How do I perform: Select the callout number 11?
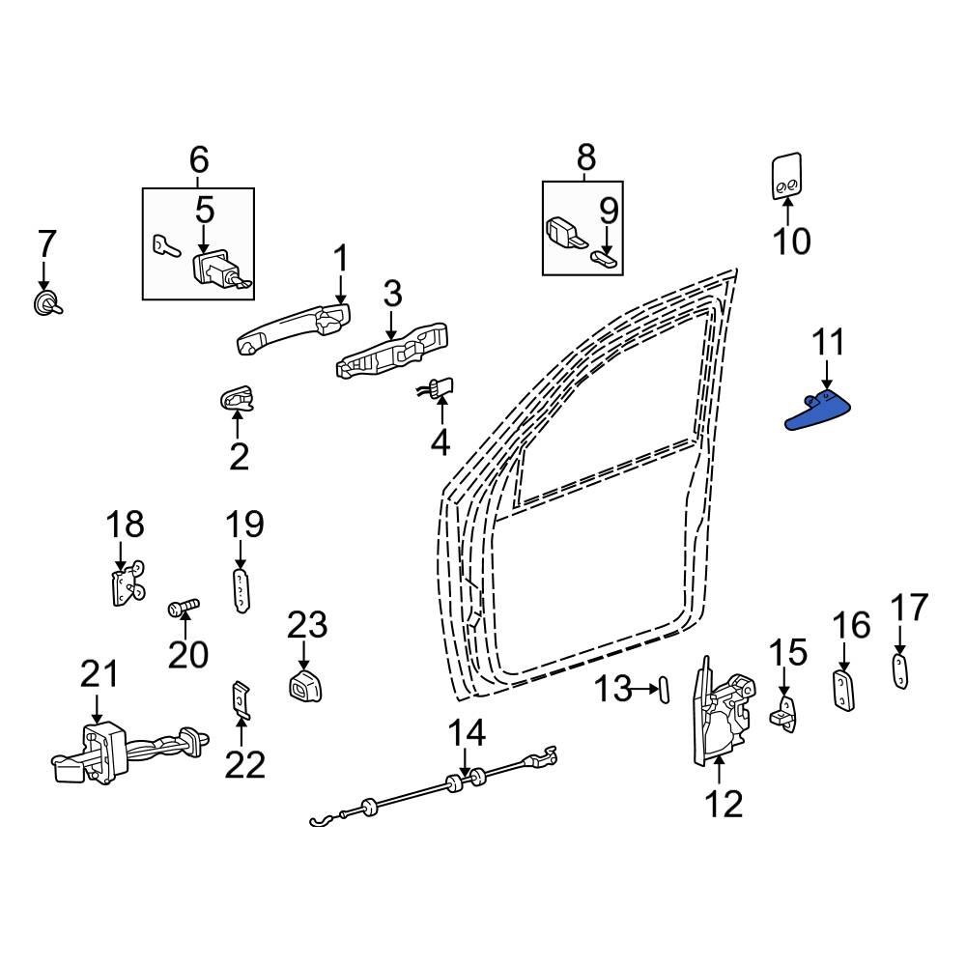828,343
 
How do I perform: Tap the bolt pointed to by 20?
182,608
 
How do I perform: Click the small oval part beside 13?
664,690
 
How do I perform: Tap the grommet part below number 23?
304,685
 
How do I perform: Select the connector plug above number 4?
440,389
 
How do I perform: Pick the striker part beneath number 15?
784,713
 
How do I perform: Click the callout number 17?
908,609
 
